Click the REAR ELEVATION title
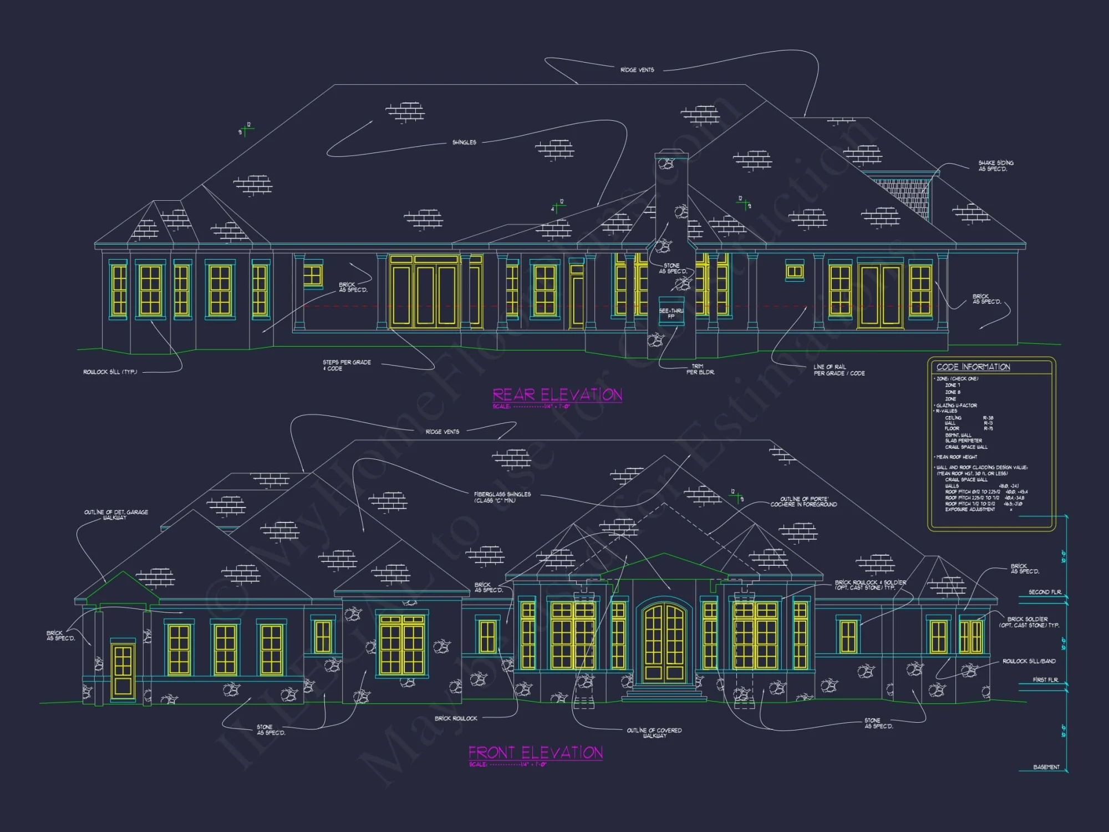557,395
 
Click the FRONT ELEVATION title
536,753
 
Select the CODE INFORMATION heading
973,367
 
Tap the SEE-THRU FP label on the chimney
671,313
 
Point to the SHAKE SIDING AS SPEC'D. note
996,166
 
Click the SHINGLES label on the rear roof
464,143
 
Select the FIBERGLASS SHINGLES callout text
502,497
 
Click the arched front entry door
664,643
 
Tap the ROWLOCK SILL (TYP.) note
110,372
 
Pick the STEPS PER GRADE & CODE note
347,365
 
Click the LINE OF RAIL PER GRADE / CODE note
839,370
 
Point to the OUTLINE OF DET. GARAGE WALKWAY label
116,515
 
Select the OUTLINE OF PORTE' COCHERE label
804,501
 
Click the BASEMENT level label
1046,767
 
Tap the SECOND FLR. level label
1045,592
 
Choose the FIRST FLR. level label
1045,679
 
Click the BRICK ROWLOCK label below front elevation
456,718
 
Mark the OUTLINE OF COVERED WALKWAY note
654,733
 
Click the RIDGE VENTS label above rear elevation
637,70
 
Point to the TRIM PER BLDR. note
700,369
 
